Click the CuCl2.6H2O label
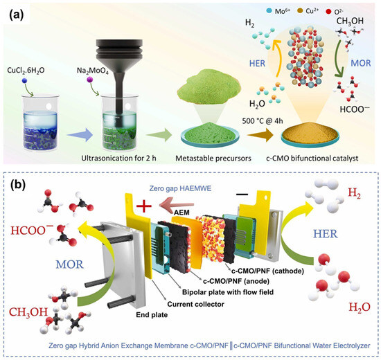click(26, 71)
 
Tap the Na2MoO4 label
click(93, 71)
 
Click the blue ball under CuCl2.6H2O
click(24, 80)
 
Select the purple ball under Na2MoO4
click(90, 80)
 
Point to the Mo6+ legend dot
click(269, 11)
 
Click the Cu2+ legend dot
click(300, 10)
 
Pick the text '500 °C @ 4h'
click(263, 120)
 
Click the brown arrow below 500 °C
click(260, 135)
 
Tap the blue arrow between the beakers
click(80, 134)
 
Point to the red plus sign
click(144, 206)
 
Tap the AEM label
click(181, 213)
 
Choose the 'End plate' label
click(152, 315)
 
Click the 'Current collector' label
click(195, 304)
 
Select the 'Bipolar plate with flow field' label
click(228, 291)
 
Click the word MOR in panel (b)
click(69, 264)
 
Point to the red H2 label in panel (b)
click(354, 193)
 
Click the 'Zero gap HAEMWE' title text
click(180, 188)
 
